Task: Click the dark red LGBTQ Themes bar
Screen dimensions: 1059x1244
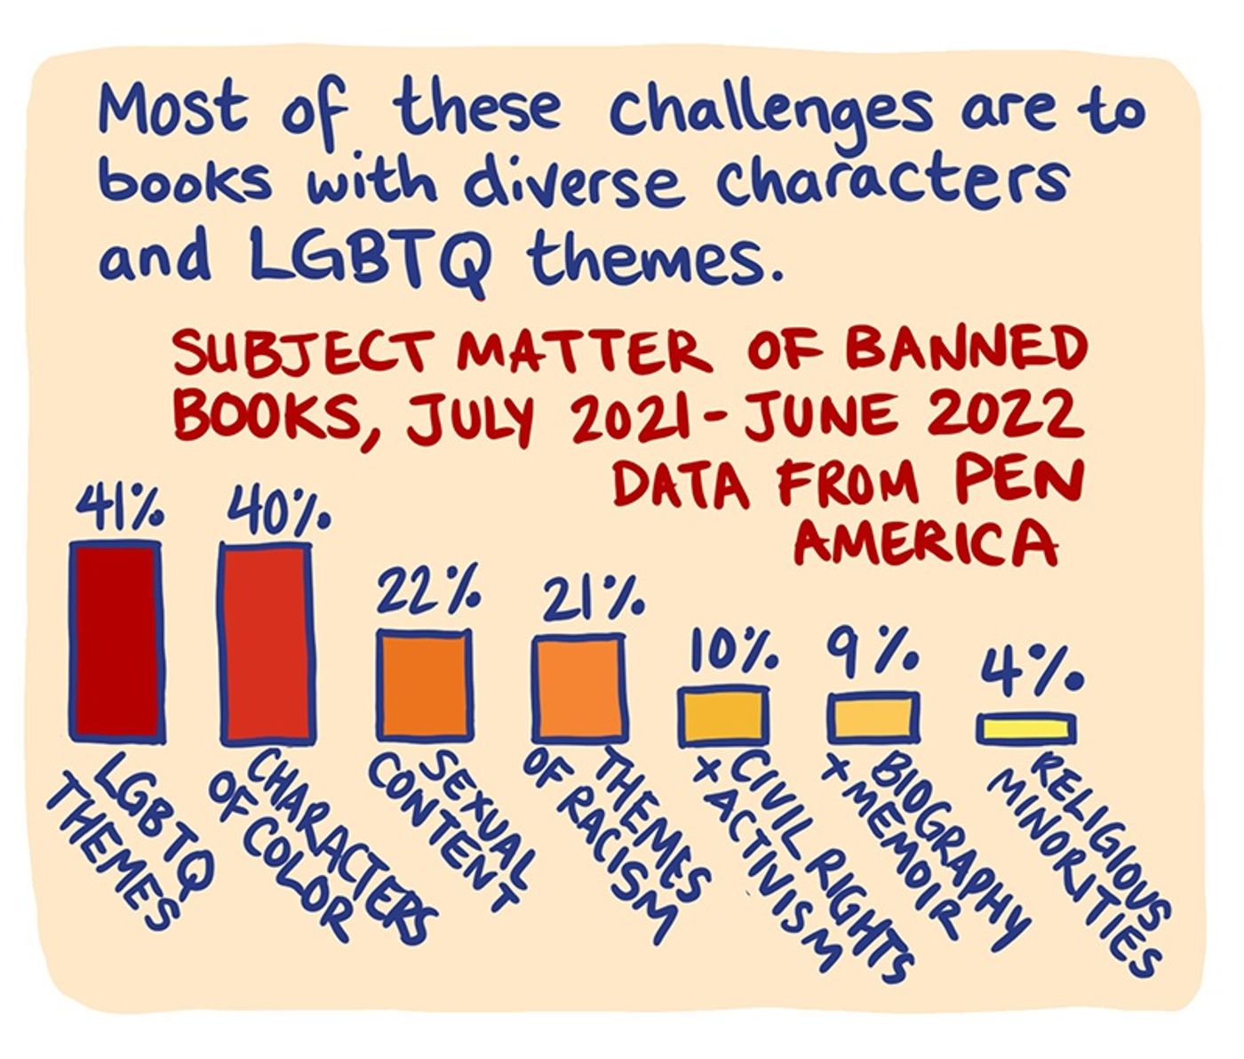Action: [116, 641]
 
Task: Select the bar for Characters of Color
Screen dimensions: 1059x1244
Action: [267, 643]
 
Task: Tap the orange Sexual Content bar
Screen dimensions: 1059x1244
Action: [423, 685]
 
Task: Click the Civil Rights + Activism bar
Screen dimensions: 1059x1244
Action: [722, 716]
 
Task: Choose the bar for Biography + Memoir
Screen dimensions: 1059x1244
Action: [872, 718]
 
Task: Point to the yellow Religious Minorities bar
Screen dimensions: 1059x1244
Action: [1025, 728]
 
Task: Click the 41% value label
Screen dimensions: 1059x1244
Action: [120, 510]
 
